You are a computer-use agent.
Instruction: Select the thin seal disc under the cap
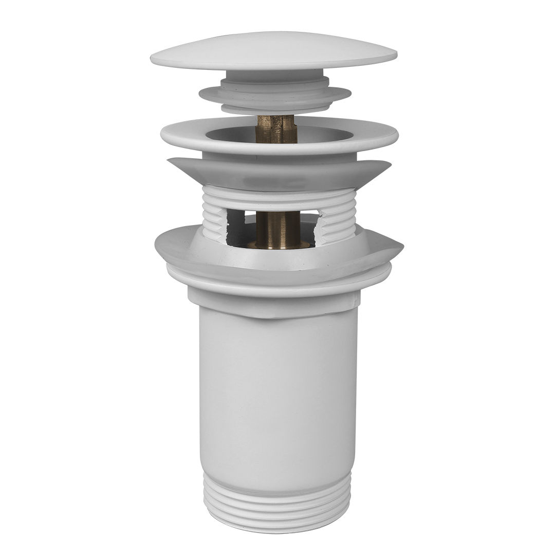coord(274,95)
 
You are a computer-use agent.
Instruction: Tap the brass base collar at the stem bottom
coord(277,245)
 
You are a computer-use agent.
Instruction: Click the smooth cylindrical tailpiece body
coord(277,391)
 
